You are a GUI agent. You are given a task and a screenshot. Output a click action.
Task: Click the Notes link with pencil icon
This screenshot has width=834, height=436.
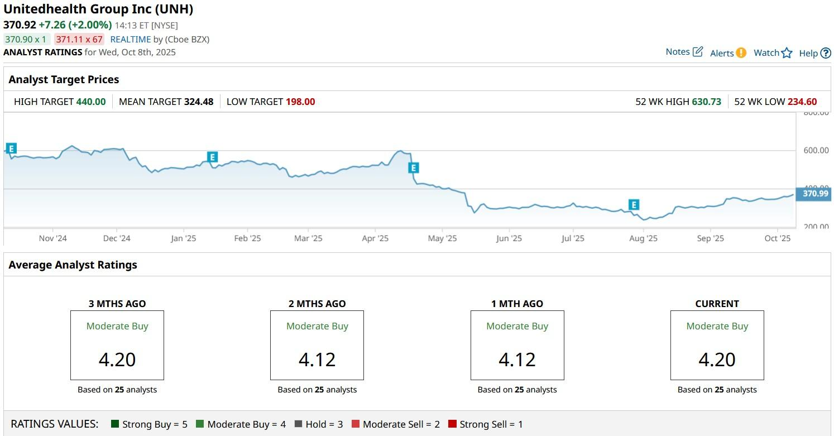684,52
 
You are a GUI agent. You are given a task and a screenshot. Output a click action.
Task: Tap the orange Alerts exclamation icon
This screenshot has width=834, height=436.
741,53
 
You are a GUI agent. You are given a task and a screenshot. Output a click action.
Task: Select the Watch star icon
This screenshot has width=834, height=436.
787,53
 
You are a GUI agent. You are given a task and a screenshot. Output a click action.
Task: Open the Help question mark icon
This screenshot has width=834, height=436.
826,53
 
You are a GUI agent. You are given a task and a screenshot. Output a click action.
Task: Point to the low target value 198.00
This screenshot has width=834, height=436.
300,102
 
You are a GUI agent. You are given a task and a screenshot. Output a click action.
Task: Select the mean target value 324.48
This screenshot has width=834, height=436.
199,102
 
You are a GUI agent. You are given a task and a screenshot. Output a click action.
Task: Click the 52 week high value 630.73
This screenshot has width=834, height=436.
706,102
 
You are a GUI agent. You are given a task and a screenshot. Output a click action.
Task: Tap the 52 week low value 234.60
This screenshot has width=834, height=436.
802,102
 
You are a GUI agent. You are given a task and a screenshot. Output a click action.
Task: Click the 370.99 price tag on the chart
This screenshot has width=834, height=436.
815,194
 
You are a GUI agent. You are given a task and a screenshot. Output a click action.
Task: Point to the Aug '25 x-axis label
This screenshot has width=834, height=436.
643,238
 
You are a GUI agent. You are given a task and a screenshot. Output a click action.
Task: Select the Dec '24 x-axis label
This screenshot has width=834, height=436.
117,238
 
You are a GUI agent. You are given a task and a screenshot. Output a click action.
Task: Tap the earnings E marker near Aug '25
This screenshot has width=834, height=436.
633,205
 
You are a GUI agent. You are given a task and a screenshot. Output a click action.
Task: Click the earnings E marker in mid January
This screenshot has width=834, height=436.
212,157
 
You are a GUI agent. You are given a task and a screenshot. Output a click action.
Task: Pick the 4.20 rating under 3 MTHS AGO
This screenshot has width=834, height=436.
117,360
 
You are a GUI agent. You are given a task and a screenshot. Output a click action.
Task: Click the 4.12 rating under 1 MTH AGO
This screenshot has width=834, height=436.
517,360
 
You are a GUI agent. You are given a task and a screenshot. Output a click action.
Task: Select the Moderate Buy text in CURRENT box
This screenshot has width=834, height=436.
717,326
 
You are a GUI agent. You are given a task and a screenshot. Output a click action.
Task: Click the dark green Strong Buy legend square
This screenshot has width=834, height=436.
116,424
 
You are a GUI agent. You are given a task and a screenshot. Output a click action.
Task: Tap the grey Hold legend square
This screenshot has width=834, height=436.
298,424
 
